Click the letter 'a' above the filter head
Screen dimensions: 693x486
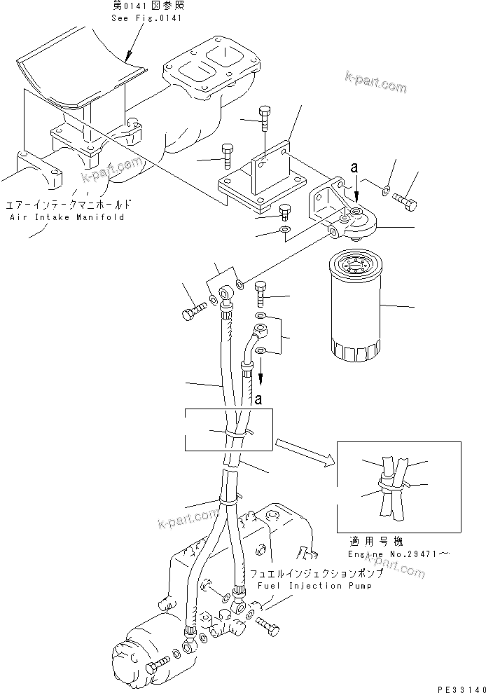pos(354,167)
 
